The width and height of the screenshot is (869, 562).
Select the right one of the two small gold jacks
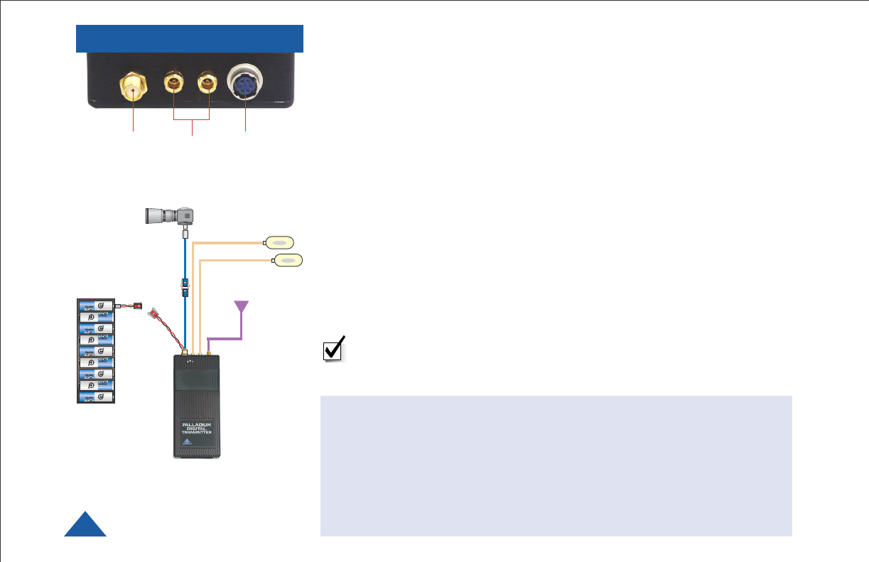click(207, 85)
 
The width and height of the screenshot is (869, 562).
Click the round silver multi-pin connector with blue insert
click(245, 84)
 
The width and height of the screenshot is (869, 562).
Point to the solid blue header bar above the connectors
click(190, 38)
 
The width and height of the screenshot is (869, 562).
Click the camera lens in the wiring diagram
click(161, 214)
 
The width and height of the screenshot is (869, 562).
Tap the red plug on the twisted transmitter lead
click(151, 312)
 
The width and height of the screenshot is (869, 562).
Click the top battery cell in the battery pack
click(96, 306)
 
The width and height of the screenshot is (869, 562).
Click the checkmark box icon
click(333, 350)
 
